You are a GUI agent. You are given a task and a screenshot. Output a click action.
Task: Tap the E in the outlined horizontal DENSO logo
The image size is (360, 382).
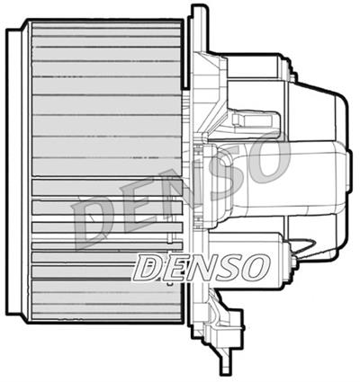tap(171, 266)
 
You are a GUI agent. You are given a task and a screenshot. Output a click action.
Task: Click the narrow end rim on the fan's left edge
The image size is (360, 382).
tap(13, 171)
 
